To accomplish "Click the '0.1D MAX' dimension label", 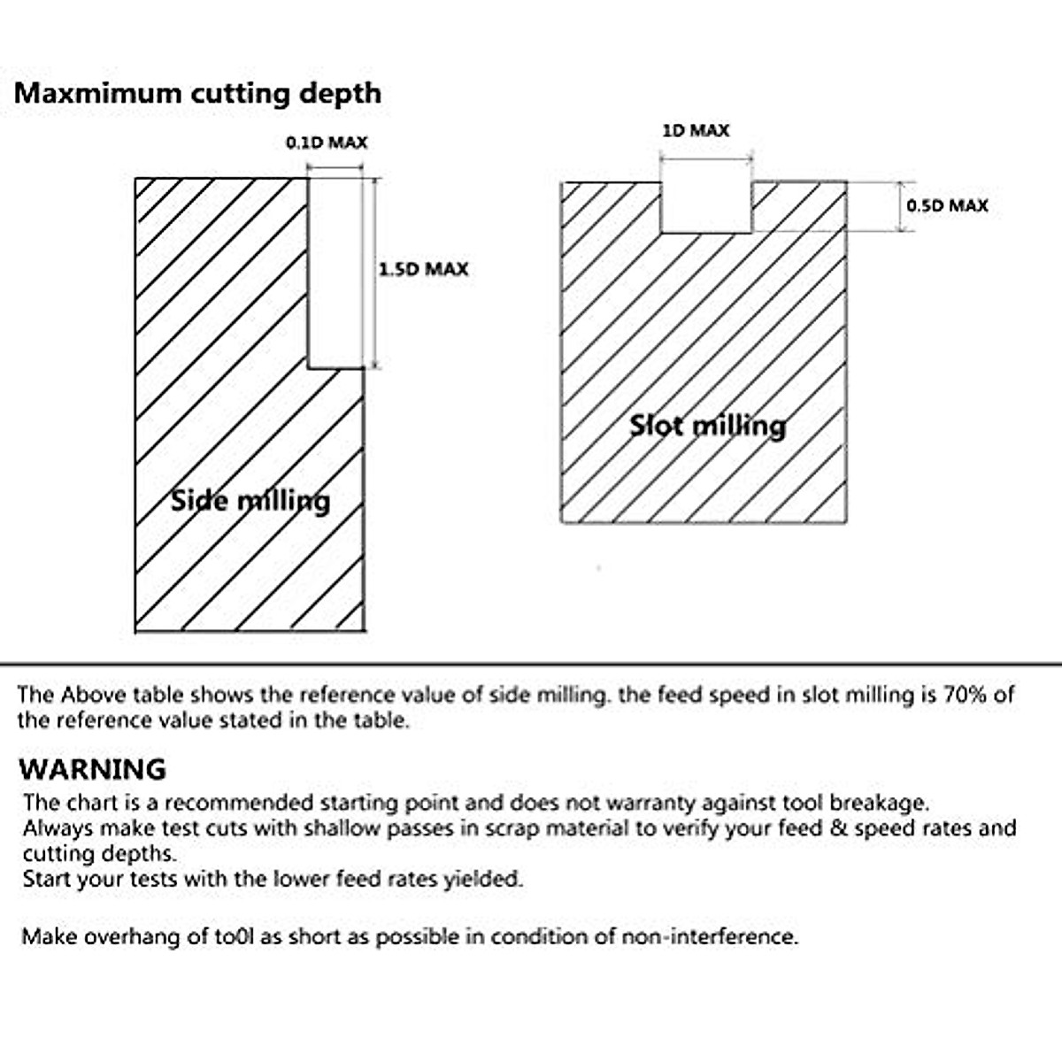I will pyautogui.click(x=326, y=142).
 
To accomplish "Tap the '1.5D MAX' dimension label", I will pyautogui.click(x=423, y=269).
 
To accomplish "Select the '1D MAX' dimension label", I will pyautogui.click(x=696, y=131).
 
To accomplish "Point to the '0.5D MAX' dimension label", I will pyautogui.click(x=946, y=206).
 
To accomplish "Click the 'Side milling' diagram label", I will pyautogui.click(x=250, y=501).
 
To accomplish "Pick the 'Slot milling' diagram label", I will pyautogui.click(x=707, y=427).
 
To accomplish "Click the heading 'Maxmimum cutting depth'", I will pyautogui.click(x=197, y=93).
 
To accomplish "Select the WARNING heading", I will pyautogui.click(x=92, y=768).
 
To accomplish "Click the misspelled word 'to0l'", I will pyautogui.click(x=234, y=936).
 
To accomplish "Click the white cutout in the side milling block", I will pyautogui.click(x=335, y=273).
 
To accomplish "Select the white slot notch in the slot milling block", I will pyautogui.click(x=706, y=207).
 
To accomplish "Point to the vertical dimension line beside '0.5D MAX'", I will pyautogui.click(x=901, y=207).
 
